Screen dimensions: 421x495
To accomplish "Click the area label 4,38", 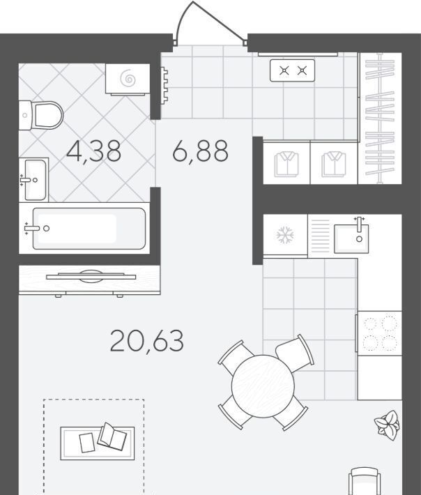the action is click(x=93, y=152).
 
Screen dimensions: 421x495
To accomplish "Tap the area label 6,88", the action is click(x=201, y=151).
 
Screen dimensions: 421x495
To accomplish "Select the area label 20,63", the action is click(x=147, y=341).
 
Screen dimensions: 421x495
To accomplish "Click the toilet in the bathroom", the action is click(x=41, y=115).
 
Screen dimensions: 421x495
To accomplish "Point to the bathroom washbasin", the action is click(x=33, y=180).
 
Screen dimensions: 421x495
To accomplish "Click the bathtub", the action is click(x=84, y=228).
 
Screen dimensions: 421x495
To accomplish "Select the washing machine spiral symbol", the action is click(x=128, y=79).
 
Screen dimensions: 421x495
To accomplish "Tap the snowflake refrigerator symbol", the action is click(x=285, y=235).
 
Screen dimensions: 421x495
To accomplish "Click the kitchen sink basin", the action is click(x=351, y=238).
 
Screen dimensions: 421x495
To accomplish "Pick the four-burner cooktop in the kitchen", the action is click(x=379, y=334).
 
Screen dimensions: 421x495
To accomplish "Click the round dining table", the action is click(x=263, y=386).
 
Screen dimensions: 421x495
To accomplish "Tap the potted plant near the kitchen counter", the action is click(x=388, y=425).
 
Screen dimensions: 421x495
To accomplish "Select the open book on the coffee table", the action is click(x=112, y=436).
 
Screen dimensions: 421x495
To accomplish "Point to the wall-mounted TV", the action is click(x=91, y=277).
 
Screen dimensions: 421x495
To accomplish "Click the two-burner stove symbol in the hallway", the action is click(x=293, y=70).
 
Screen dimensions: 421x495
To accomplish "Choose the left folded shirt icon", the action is click(x=286, y=164).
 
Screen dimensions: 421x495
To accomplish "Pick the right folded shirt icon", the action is click(x=334, y=164).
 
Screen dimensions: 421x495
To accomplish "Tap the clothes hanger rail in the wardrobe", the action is click(x=381, y=119).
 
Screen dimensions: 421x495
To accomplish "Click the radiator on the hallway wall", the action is click(x=164, y=85).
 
